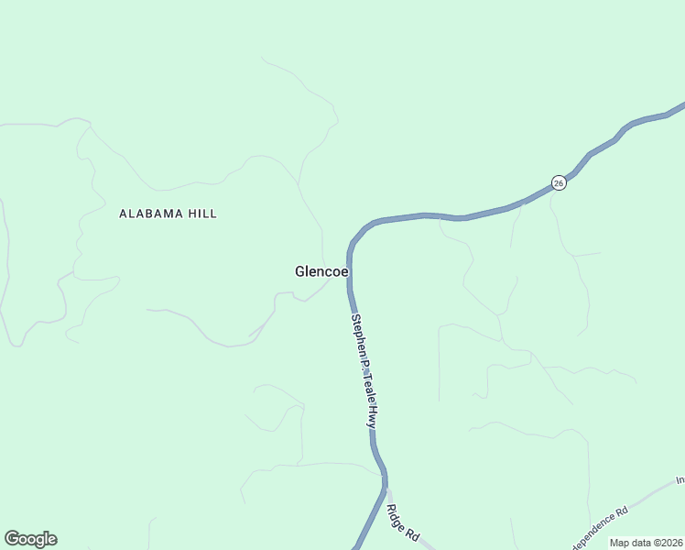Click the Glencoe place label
tap(321, 271)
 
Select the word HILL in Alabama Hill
tap(201, 214)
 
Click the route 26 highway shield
tap(560, 182)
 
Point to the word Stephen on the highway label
tap(359, 335)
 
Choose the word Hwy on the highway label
tap(373, 417)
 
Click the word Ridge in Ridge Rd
tap(397, 517)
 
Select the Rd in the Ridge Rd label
tap(411, 534)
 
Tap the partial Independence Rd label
tap(599, 526)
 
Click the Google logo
tap(30, 539)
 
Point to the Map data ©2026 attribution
tap(647, 543)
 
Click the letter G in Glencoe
tap(300, 271)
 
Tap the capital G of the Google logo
tap(11, 539)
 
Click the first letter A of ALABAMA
tap(124, 214)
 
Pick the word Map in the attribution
tap(621, 543)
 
